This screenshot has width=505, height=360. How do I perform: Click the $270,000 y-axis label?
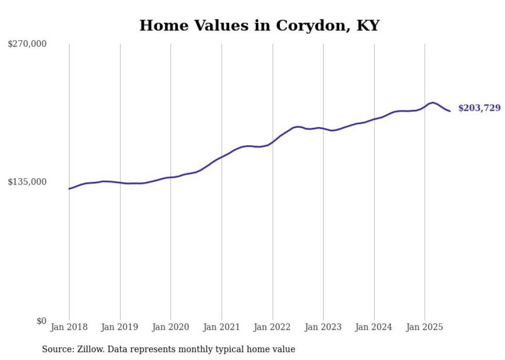point(27,44)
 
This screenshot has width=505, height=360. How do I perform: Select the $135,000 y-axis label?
point(27,182)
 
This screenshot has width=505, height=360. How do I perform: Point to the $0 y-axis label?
point(41,321)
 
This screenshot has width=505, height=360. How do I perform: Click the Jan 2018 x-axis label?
point(69,327)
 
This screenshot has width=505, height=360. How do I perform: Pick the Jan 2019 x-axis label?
point(120,327)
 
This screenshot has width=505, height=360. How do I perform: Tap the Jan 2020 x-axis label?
point(171,327)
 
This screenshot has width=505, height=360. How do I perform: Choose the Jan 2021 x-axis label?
point(222,327)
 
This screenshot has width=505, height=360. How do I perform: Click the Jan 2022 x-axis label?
point(273,327)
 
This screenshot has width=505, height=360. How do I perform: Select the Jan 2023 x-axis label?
point(323,327)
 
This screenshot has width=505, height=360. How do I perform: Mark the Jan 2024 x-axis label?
point(374,327)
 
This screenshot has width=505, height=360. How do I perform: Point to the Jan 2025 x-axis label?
point(425,327)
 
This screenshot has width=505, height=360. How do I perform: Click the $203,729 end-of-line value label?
point(479,108)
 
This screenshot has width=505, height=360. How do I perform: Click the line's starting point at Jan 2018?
point(69,188)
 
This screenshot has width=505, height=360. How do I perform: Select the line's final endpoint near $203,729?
point(450,111)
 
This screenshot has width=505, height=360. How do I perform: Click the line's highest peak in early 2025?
point(433,102)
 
